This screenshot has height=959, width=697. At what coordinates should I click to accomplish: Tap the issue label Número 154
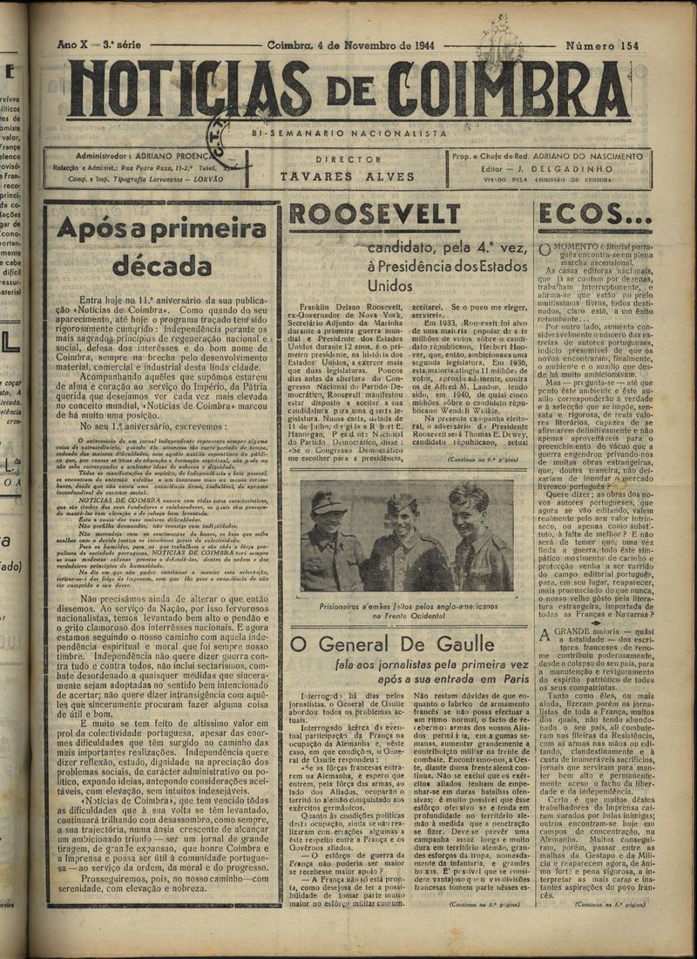(x=601, y=44)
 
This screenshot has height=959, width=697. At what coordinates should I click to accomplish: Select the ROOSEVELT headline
(x=375, y=215)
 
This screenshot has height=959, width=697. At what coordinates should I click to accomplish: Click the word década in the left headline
(x=162, y=264)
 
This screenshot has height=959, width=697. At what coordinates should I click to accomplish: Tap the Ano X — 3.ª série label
(x=96, y=44)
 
